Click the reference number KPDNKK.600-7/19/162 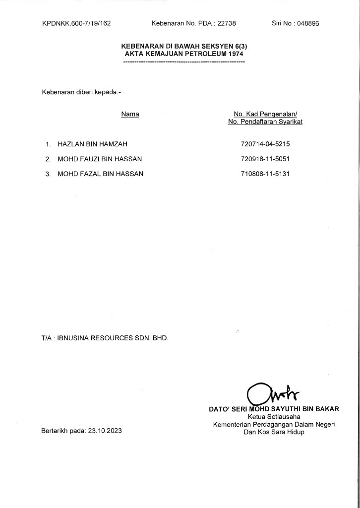(x=76, y=23)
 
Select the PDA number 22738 (x=226, y=23)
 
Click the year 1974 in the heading (x=237, y=53)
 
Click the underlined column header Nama (x=130, y=114)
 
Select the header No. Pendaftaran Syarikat (x=265, y=122)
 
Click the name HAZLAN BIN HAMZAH (x=93, y=144)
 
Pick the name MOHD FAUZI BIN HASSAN (x=100, y=159)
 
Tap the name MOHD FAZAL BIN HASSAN (x=100, y=174)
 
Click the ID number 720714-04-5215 (x=265, y=144)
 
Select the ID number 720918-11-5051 (x=265, y=159)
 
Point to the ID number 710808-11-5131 (x=265, y=174)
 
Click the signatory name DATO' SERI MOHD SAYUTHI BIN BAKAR (x=274, y=409)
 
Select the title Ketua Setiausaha (x=274, y=417)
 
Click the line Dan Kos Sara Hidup (x=274, y=432)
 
